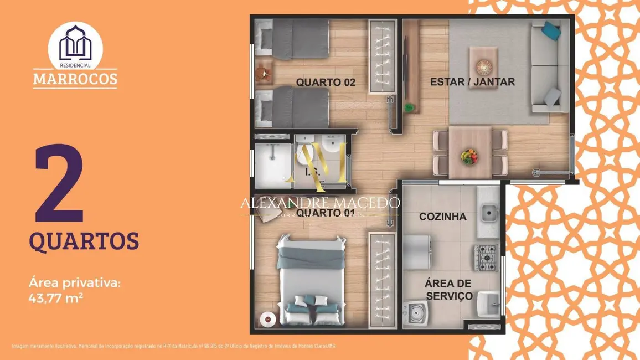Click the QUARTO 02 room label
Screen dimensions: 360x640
(x=325, y=83)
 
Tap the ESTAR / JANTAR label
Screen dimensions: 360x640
(x=472, y=82)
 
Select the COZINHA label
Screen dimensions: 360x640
(x=442, y=217)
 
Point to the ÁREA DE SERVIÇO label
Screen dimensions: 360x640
(x=448, y=290)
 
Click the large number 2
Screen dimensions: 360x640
(x=59, y=184)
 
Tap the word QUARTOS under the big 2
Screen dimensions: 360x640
(x=84, y=241)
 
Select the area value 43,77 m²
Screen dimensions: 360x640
(x=56, y=297)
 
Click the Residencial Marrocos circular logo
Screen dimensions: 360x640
(x=75, y=45)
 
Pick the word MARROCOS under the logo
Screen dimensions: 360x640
(x=75, y=79)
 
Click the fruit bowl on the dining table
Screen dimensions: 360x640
(x=469, y=156)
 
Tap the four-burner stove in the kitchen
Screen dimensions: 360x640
(x=486, y=257)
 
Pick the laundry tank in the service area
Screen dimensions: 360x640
(x=487, y=302)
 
